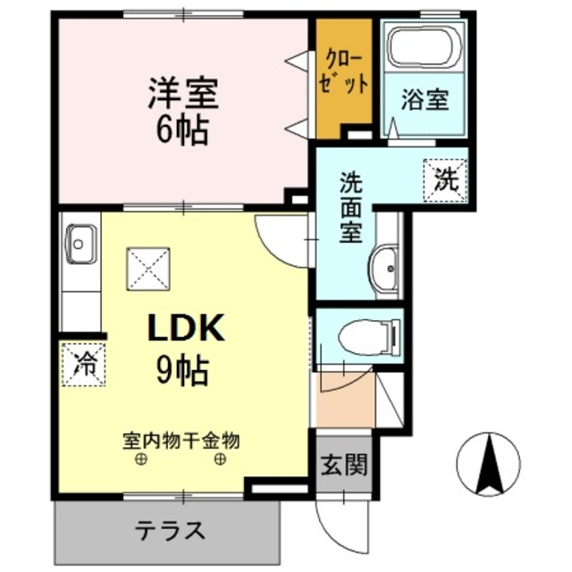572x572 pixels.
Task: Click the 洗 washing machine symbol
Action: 444,178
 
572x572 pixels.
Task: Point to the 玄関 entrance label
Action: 343,466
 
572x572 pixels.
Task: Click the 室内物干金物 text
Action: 181,440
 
